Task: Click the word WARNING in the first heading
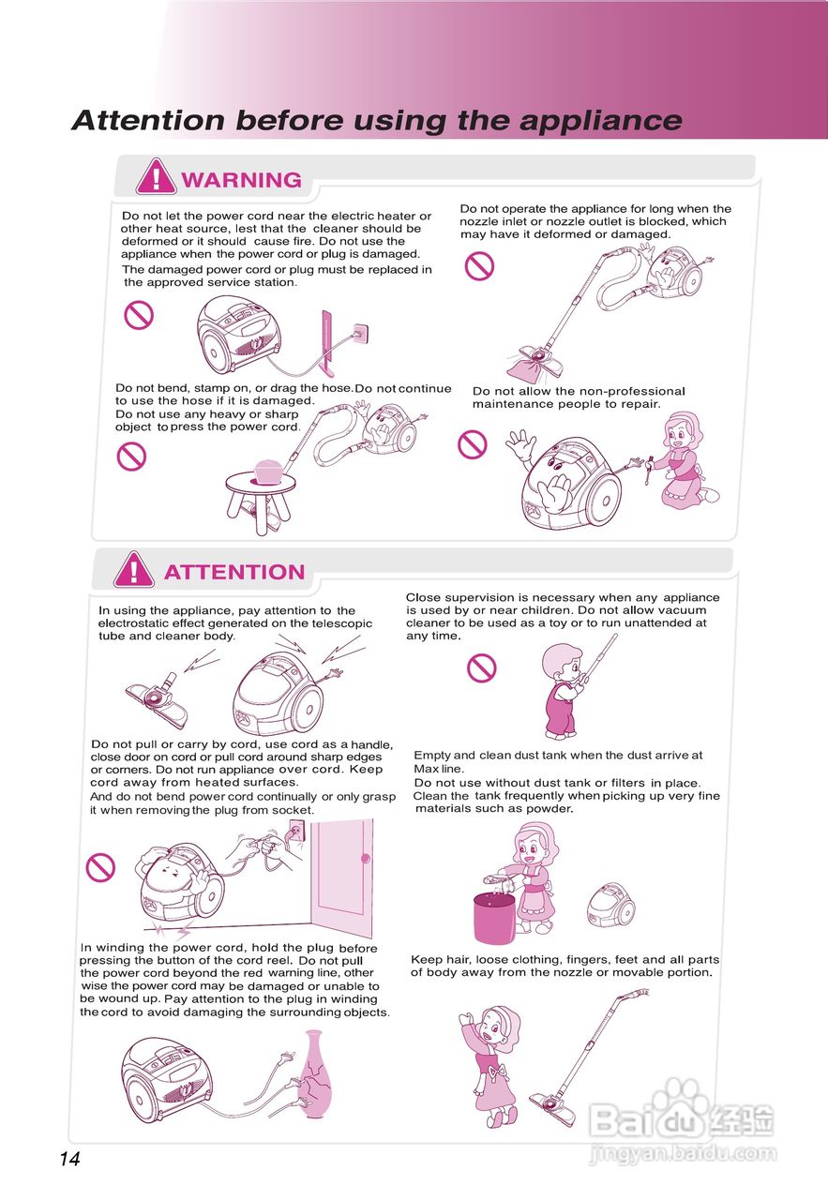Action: (x=241, y=180)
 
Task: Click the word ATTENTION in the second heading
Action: (x=234, y=572)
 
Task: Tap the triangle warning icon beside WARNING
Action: (x=156, y=176)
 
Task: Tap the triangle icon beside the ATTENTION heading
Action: (x=134, y=569)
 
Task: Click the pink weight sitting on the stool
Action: (x=271, y=472)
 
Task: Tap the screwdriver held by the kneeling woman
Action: (x=649, y=471)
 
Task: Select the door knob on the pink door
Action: (x=366, y=858)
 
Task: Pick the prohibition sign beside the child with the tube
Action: (x=481, y=668)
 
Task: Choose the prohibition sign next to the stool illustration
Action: (x=131, y=457)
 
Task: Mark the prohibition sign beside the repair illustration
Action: (x=473, y=444)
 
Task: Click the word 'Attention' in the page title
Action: (x=148, y=120)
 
